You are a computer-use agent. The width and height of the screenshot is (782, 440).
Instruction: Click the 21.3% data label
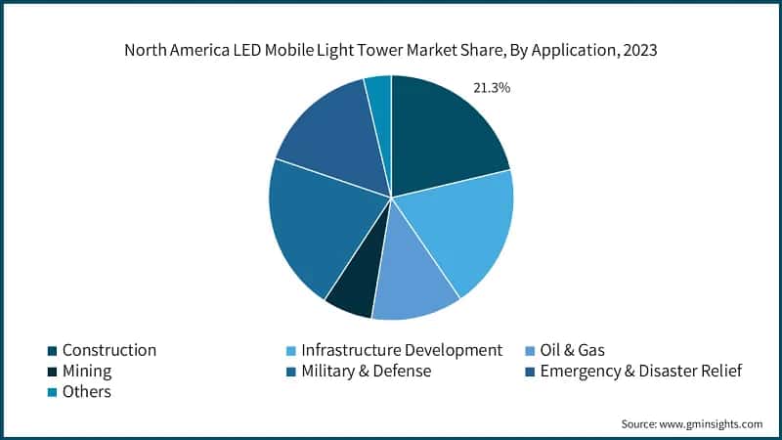tap(491, 88)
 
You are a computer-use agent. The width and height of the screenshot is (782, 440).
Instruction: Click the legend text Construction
tap(109, 350)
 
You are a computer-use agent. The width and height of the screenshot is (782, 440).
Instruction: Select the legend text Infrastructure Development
tap(401, 350)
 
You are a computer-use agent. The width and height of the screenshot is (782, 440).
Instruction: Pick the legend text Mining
tap(86, 372)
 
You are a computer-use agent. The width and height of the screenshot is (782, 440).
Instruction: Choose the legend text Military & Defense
tap(366, 372)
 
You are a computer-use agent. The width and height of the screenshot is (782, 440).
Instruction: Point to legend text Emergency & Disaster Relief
tap(641, 372)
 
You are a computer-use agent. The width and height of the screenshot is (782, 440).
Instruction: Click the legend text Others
tap(86, 392)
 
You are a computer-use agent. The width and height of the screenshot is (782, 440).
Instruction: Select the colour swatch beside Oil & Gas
tap(529, 350)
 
